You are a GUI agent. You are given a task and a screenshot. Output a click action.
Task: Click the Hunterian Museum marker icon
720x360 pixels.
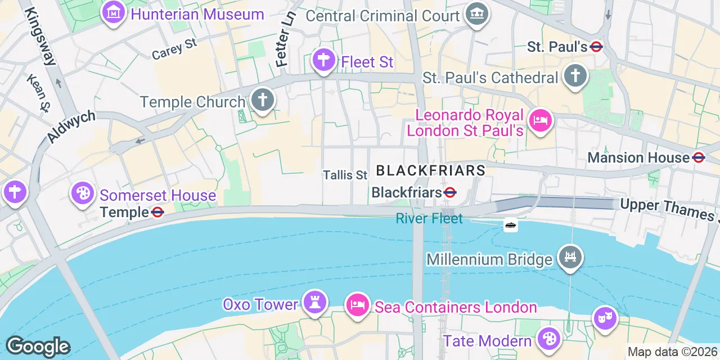(113, 12)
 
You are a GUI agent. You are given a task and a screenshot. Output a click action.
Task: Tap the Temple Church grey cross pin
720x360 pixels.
(262, 100)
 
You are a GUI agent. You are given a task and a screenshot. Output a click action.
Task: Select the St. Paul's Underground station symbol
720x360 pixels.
(597, 47)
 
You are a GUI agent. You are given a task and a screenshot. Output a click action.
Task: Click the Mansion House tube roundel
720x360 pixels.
(699, 158)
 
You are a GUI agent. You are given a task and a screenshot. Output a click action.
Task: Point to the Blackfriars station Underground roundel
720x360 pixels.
(449, 193)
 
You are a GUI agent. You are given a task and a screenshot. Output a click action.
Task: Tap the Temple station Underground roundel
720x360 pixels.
(157, 213)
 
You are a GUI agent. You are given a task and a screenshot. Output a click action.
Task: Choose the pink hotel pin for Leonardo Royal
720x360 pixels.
(541, 120)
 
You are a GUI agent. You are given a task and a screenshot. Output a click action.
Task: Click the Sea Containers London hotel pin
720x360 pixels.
(357, 305)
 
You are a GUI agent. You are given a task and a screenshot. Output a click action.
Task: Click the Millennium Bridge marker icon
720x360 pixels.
(570, 258)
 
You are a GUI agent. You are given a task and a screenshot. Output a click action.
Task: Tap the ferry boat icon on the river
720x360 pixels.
(510, 225)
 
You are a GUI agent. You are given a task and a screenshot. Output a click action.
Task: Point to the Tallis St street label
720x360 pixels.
(345, 175)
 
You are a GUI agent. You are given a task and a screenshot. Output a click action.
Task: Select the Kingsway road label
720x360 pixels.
(41, 37)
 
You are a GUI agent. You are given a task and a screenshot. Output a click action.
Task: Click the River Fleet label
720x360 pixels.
(429, 218)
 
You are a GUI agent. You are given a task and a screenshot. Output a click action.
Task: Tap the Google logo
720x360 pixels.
(38, 346)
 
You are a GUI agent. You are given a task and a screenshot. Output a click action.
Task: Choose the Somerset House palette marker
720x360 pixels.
(83, 193)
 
